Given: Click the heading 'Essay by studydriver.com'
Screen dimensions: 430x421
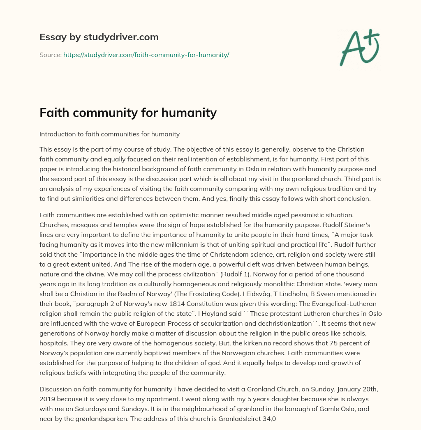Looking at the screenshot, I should point(99,37).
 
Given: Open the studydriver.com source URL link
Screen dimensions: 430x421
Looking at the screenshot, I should point(146,55).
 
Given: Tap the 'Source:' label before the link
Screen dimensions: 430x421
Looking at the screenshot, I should point(50,55).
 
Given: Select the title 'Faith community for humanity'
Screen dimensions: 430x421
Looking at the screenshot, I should point(128,113).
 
